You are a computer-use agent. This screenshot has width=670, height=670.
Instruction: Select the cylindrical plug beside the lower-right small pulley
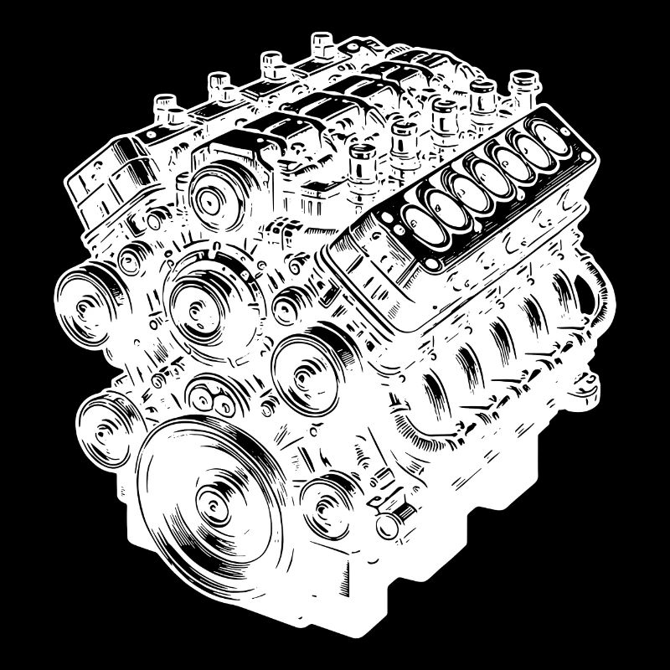pyautogui.click(x=388, y=527)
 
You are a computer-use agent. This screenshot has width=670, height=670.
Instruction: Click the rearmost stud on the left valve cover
pyautogui.click(x=322, y=42)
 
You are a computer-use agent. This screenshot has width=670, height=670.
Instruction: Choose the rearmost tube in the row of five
pyautogui.click(x=522, y=82)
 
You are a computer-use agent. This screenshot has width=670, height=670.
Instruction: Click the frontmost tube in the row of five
pyautogui.click(x=362, y=159)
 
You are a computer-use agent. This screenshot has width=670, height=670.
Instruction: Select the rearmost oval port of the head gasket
pyautogui.click(x=550, y=146)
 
